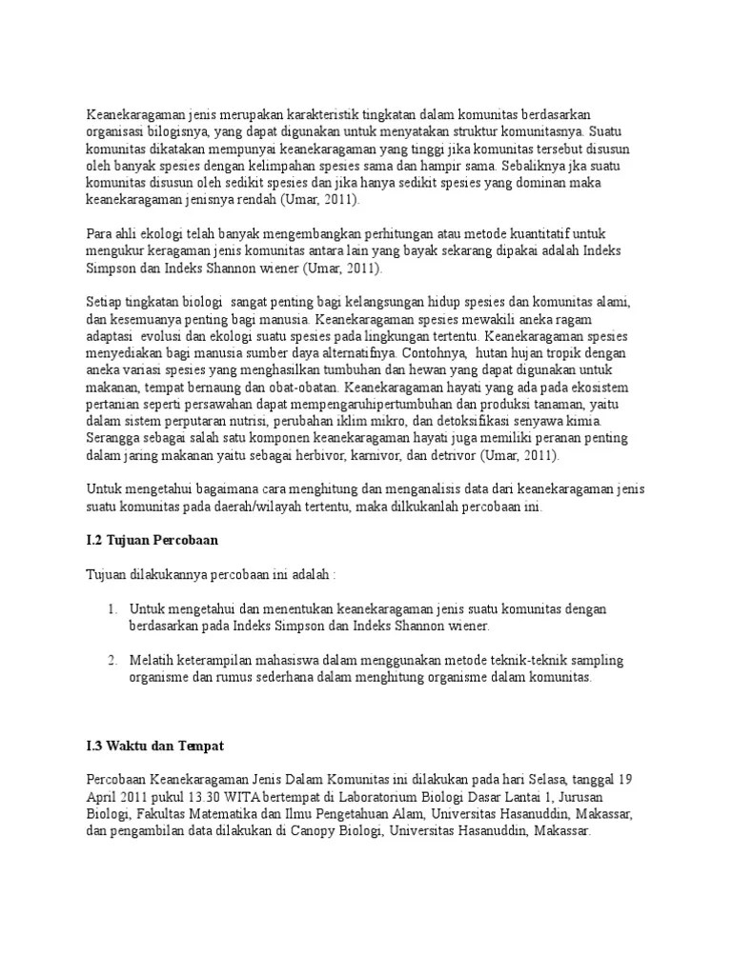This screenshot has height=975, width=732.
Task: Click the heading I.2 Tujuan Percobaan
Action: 152,541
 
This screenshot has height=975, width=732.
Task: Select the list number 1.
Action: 111,608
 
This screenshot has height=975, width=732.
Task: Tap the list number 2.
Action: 111,660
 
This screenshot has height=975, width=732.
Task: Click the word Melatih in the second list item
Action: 152,660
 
